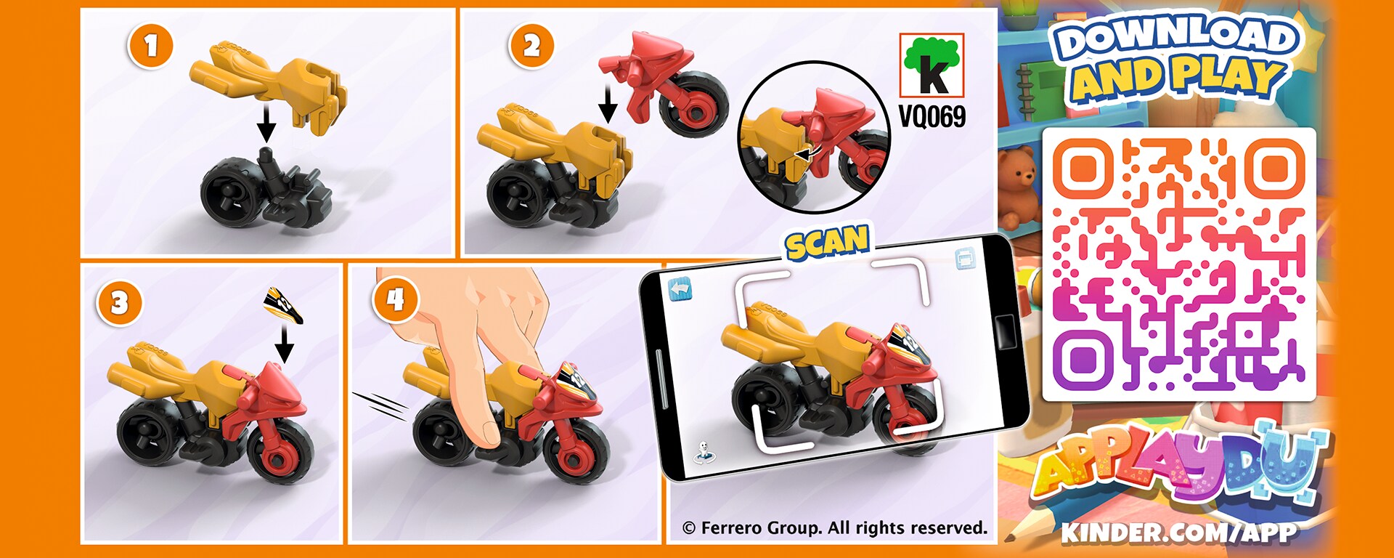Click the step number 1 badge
pos(150,46)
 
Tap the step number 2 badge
pos(531,46)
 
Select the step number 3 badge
pos(119,302)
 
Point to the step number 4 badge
pos(395,300)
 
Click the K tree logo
pos(932,65)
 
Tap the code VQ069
pos(932,116)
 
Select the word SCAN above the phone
pos(828,242)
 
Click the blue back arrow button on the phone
pos(680,289)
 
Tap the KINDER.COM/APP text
pos(1178,533)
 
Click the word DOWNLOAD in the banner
pos(1176,37)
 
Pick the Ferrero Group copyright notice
pos(835,528)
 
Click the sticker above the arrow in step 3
pos(284,304)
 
